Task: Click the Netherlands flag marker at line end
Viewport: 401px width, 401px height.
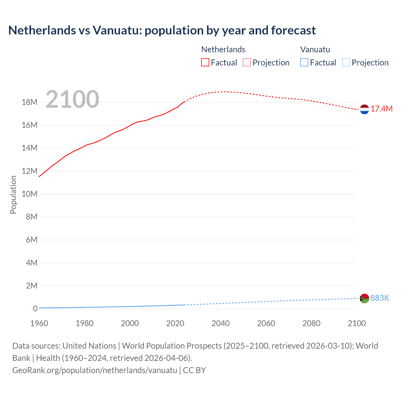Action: pos(364,109)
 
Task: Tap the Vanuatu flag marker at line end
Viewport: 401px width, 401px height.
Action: pos(364,299)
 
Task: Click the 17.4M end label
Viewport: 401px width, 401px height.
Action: pos(381,109)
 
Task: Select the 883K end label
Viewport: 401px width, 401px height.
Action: pos(380,298)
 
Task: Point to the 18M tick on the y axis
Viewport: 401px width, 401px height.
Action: pos(29,102)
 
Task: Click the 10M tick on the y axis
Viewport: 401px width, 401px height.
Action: pos(29,194)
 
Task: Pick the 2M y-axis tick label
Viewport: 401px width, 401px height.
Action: pos(32,286)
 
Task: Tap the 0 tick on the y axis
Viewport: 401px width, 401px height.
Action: pos(35,309)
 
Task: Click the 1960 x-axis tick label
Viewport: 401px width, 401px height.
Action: pos(39,324)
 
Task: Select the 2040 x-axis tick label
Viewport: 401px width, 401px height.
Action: pos(221,324)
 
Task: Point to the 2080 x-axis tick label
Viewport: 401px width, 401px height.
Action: pos(311,324)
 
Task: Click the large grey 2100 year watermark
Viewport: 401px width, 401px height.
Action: pos(72,100)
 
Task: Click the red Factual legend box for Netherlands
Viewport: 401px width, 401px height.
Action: pos(205,63)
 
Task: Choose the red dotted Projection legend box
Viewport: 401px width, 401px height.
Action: pos(247,63)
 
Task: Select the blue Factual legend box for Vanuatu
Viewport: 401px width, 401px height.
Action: pos(304,63)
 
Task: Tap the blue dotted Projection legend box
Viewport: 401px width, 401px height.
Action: pos(346,63)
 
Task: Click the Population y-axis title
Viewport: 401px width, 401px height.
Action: pos(13,195)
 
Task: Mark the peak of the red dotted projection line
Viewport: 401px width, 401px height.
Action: pos(225,92)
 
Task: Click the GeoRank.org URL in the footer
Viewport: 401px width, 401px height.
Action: pos(95,370)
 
